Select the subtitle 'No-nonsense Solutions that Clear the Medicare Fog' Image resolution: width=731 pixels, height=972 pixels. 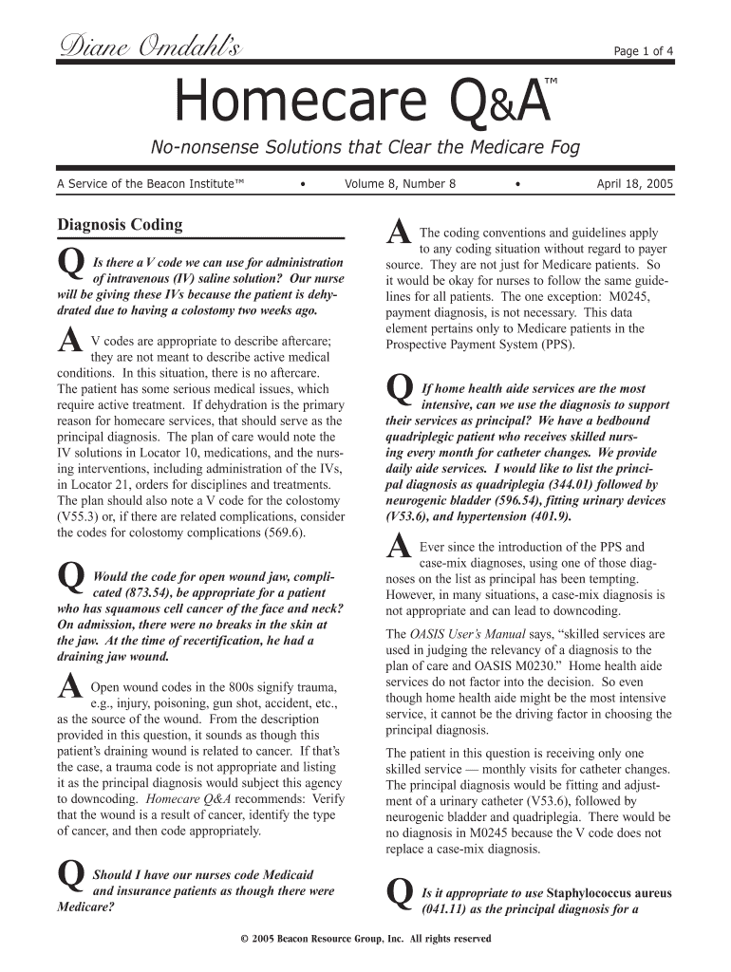coord(365,148)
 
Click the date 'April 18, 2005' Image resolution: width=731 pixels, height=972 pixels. coord(635,184)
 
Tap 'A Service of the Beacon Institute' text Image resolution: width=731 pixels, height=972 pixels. coord(151,184)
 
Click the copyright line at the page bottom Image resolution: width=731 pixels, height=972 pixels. coord(365,939)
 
